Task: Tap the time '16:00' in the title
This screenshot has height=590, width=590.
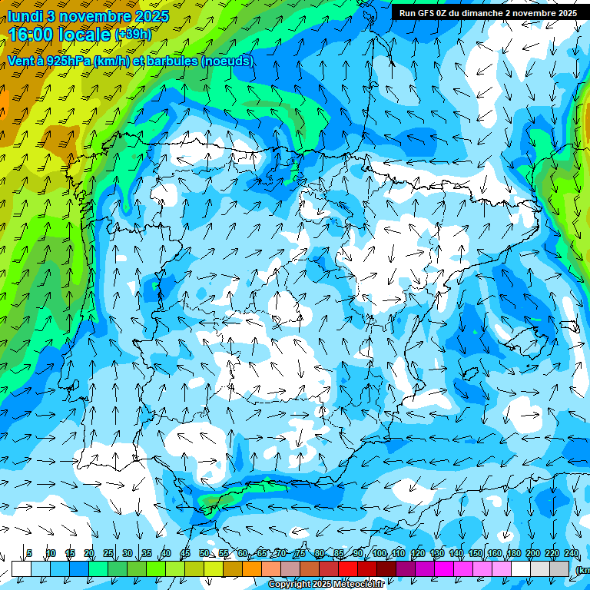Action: tap(34, 35)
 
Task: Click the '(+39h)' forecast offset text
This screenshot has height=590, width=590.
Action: tap(133, 35)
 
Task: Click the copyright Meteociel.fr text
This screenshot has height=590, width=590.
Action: tap(326, 585)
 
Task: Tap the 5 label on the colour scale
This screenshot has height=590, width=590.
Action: tap(29, 554)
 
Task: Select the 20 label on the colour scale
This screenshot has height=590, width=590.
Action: tap(89, 554)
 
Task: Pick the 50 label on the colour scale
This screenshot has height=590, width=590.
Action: tap(204, 554)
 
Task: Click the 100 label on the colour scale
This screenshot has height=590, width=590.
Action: tap(380, 554)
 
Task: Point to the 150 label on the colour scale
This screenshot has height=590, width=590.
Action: tap(476, 554)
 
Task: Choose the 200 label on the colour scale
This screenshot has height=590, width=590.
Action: tap(533, 554)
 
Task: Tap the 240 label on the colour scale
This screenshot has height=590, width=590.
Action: tap(572, 554)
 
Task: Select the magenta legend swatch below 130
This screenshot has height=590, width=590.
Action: tap(444, 568)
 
